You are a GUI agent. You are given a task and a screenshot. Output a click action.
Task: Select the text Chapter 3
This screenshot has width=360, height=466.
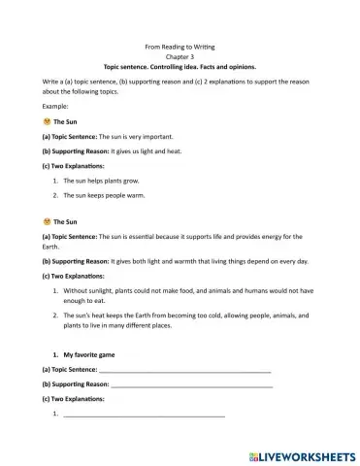coord(180,57)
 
